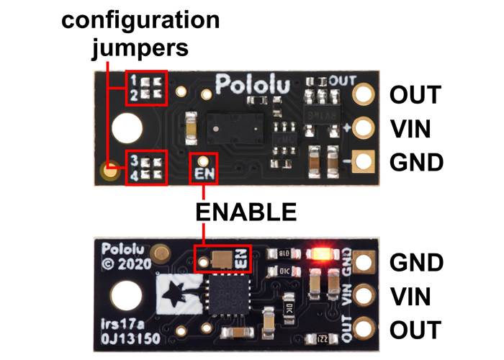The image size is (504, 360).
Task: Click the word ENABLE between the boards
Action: point(246,212)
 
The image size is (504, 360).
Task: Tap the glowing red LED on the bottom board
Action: point(318,253)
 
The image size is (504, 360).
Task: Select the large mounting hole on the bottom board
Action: point(127,295)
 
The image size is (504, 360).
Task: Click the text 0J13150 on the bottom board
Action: point(130,338)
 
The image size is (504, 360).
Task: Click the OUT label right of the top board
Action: point(415,94)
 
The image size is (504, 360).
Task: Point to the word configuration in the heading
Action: point(140,21)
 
